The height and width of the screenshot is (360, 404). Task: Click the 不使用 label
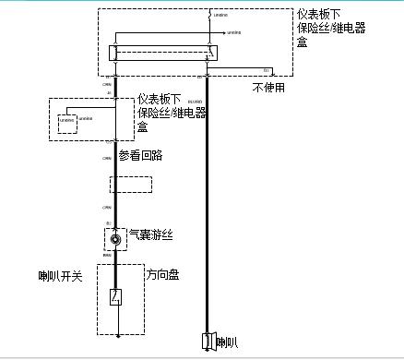click(x=268, y=88)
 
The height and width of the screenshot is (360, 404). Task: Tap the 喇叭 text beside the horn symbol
click(x=227, y=343)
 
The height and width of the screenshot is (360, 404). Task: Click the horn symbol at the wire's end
click(x=208, y=342)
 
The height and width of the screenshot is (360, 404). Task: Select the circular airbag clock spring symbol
click(x=115, y=240)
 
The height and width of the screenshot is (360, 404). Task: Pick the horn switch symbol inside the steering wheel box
click(x=115, y=297)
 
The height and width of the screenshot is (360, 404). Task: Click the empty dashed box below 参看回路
click(x=131, y=184)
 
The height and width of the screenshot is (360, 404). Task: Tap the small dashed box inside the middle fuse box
click(x=67, y=124)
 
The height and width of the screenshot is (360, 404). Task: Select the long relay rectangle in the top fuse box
click(x=164, y=53)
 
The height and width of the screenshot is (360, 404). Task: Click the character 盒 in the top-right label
click(x=304, y=42)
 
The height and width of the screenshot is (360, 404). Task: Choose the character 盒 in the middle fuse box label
click(x=143, y=126)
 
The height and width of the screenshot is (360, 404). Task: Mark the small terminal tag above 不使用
click(x=267, y=70)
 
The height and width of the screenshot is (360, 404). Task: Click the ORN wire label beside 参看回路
click(x=108, y=159)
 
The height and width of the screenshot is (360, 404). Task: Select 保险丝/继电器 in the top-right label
click(x=331, y=29)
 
